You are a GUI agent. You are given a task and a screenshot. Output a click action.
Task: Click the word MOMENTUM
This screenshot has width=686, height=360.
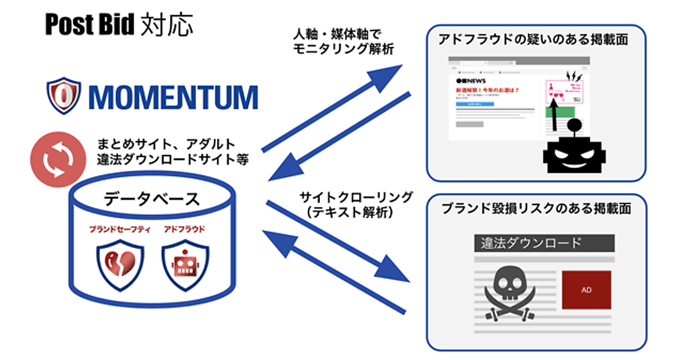(171, 97)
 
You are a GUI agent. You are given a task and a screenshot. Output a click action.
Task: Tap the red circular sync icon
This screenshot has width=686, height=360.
(55, 160)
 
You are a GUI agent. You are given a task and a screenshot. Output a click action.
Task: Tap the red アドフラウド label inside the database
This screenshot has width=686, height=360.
(184, 229)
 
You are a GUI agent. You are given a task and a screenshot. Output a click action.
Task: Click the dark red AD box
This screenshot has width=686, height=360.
(586, 290)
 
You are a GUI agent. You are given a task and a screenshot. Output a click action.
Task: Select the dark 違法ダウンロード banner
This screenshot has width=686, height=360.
(544, 243)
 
